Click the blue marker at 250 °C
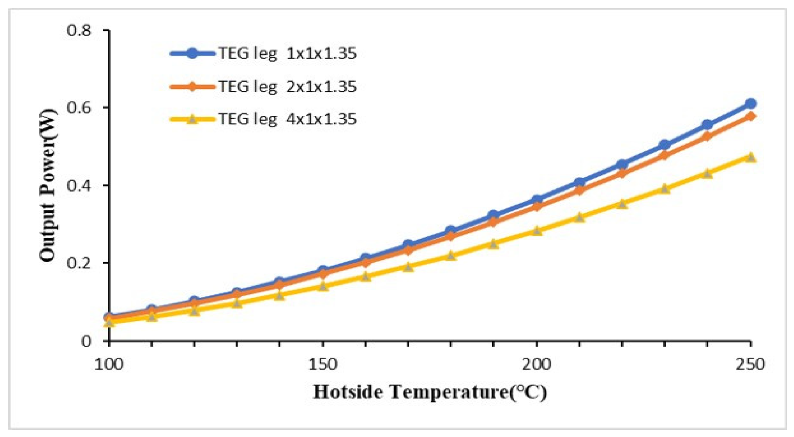click(750, 104)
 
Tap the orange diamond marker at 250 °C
click(750, 116)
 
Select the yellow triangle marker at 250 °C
click(750, 157)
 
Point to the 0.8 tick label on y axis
click(79, 30)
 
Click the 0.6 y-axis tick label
click(79, 108)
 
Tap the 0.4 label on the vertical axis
click(79, 186)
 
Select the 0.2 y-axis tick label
click(79, 263)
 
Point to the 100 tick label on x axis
click(109, 364)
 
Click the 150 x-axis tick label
click(323, 364)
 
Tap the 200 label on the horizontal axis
click(536, 364)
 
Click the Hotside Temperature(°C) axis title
click(430, 392)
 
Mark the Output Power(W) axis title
click(48, 185)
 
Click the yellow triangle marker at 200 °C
click(537, 230)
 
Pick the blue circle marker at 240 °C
click(707, 125)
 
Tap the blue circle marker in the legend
click(192, 53)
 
